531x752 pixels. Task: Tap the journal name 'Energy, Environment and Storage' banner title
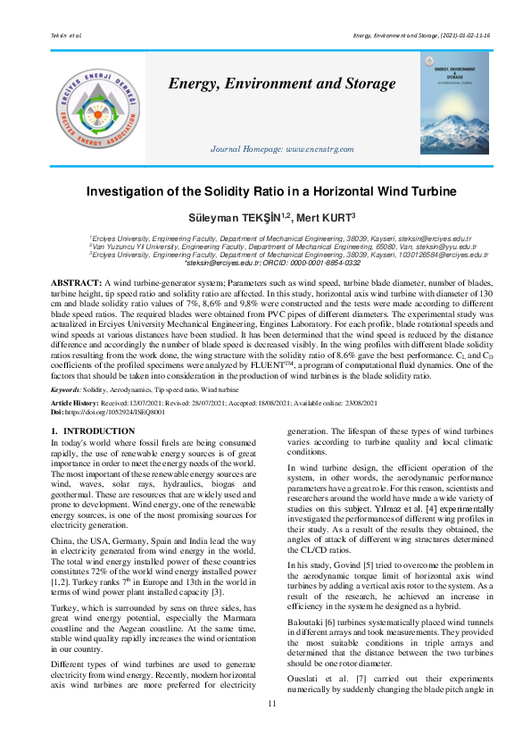coord(282,84)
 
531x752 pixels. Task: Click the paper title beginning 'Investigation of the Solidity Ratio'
coord(265,191)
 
